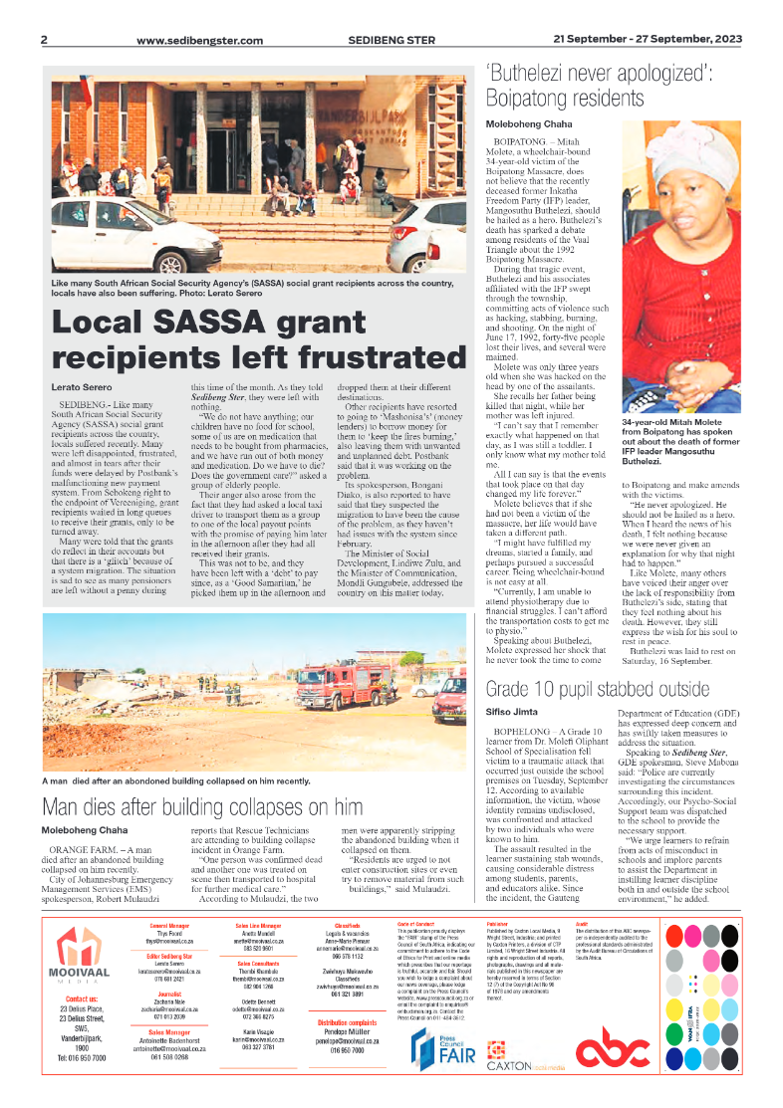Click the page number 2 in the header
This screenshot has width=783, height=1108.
pyautogui.click(x=44, y=40)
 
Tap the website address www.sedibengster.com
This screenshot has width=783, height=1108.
pyautogui.click(x=199, y=40)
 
